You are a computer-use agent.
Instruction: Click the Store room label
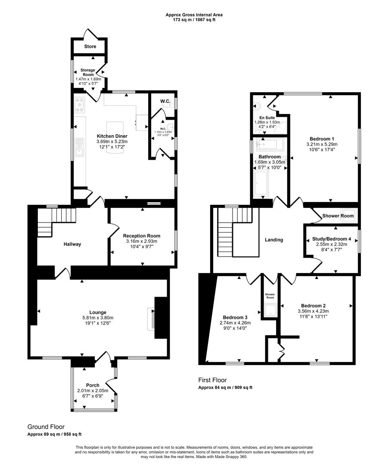coord(90,46)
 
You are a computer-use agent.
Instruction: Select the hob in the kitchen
coord(80,105)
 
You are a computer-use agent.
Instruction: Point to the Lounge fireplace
coord(151,319)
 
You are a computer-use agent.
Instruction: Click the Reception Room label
coord(141,236)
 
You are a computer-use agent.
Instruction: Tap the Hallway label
coord(72,244)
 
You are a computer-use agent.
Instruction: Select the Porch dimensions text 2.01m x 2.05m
coord(93,391)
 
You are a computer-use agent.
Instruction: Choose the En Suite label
coord(267,118)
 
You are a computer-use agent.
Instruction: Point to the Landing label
coord(274,240)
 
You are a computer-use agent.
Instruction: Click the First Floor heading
coord(212,380)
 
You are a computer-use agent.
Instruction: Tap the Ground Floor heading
coord(46,427)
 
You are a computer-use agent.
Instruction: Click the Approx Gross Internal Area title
coord(194,15)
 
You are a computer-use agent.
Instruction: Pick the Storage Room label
coord(88,72)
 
